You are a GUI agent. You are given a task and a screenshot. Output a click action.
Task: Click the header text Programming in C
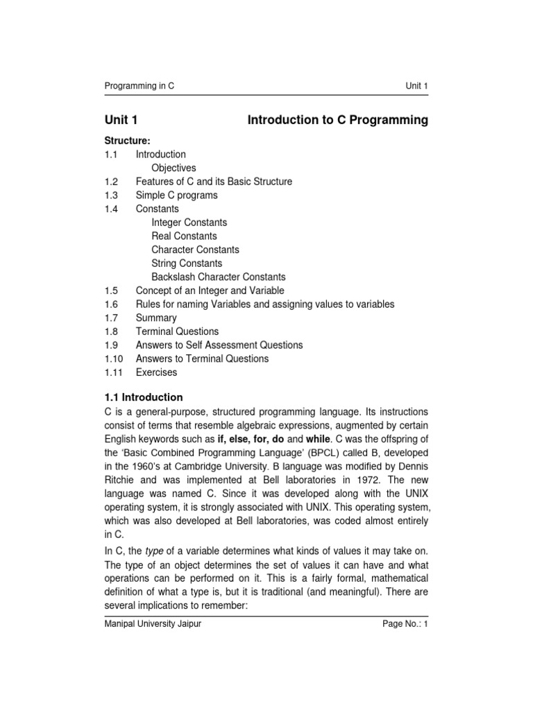pyautogui.click(x=139, y=86)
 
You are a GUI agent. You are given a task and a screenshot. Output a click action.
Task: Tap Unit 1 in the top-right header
pyautogui.click(x=416, y=86)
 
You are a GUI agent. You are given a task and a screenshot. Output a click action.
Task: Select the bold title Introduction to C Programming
pyautogui.click(x=338, y=120)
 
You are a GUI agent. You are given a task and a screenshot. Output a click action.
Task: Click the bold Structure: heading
pyautogui.click(x=127, y=141)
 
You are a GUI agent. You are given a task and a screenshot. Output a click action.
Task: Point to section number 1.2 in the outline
pyautogui.click(x=111, y=182)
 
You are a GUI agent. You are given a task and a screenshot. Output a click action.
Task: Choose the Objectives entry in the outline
pyautogui.click(x=174, y=168)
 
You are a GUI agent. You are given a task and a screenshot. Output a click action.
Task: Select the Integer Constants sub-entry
pyautogui.click(x=189, y=223)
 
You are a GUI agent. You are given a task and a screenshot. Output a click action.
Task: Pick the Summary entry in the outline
pyautogui.click(x=156, y=318)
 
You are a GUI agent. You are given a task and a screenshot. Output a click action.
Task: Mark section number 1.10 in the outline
pyautogui.click(x=113, y=359)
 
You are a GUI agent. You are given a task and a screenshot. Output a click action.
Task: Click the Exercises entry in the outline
pyautogui.click(x=156, y=372)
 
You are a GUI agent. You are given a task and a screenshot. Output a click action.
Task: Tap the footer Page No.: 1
pyautogui.click(x=405, y=624)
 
